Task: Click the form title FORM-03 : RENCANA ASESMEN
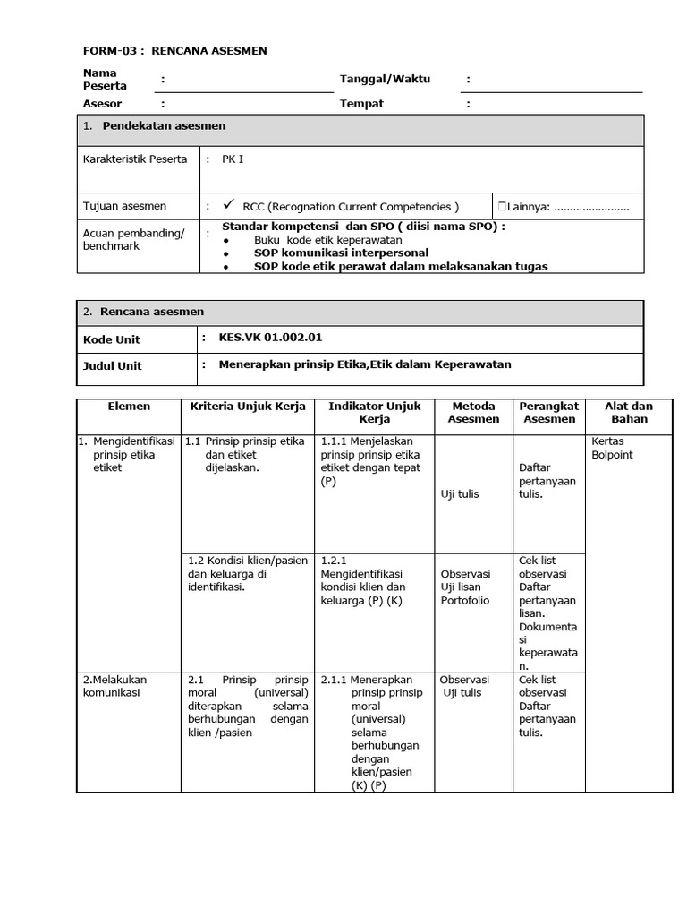(174, 51)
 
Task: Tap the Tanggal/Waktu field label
(385, 79)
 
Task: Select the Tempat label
(361, 104)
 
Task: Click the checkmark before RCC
(229, 205)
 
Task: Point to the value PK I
(233, 159)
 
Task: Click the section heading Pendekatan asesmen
(164, 126)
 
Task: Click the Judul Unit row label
(112, 365)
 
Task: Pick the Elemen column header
(129, 407)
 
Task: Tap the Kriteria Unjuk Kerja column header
(248, 407)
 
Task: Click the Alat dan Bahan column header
(629, 413)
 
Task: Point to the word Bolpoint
(612, 455)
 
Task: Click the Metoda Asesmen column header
(473, 413)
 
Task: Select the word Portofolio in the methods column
(465, 601)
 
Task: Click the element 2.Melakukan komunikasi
(114, 686)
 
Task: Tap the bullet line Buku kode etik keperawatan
(327, 240)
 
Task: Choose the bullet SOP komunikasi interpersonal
(341, 253)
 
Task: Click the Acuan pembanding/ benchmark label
(133, 240)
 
